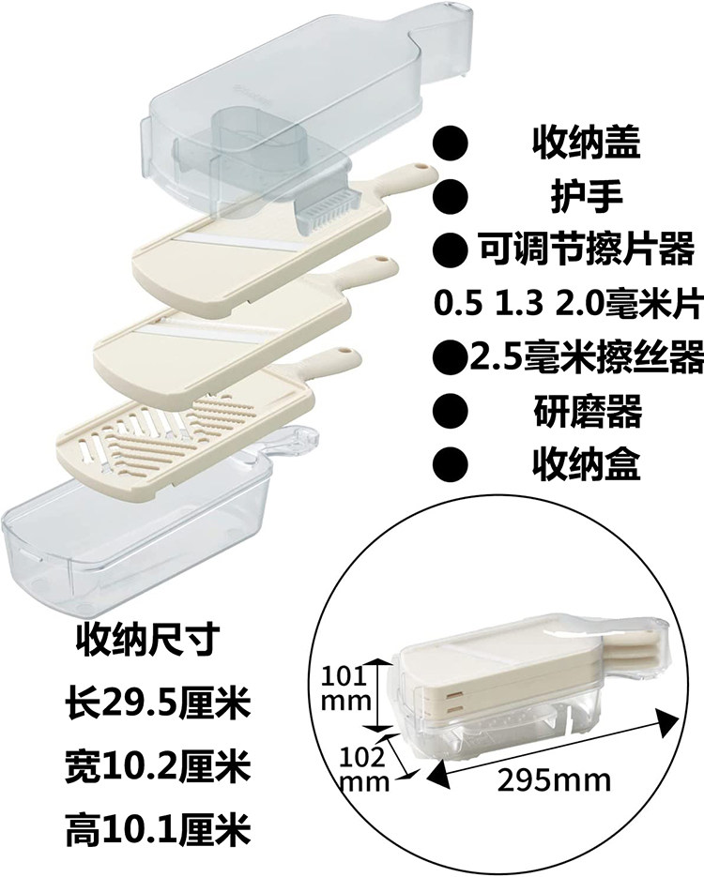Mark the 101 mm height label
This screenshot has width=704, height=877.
point(343,688)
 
